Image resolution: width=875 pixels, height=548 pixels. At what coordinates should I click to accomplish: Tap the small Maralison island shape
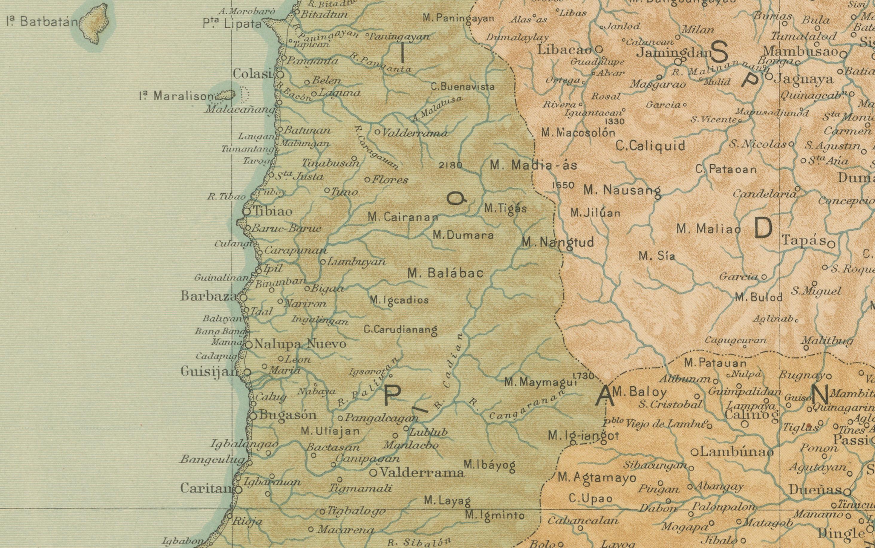(226, 95)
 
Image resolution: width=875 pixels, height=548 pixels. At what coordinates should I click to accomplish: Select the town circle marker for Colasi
(280, 75)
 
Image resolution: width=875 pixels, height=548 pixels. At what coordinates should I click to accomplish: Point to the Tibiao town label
(273, 211)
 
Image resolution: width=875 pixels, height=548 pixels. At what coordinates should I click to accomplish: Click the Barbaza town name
(209, 296)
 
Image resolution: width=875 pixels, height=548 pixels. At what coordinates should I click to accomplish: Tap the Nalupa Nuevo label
(300, 344)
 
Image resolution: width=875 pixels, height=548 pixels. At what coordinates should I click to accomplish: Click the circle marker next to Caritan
(238, 490)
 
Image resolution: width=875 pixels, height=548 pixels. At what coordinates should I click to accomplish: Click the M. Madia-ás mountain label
(533, 166)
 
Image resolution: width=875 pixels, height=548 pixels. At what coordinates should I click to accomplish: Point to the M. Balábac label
(445, 273)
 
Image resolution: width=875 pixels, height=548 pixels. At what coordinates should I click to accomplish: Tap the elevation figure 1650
(563, 185)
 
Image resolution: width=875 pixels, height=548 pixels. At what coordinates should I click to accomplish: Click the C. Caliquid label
(650, 146)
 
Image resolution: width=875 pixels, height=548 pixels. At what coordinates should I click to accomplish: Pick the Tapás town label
(804, 241)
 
